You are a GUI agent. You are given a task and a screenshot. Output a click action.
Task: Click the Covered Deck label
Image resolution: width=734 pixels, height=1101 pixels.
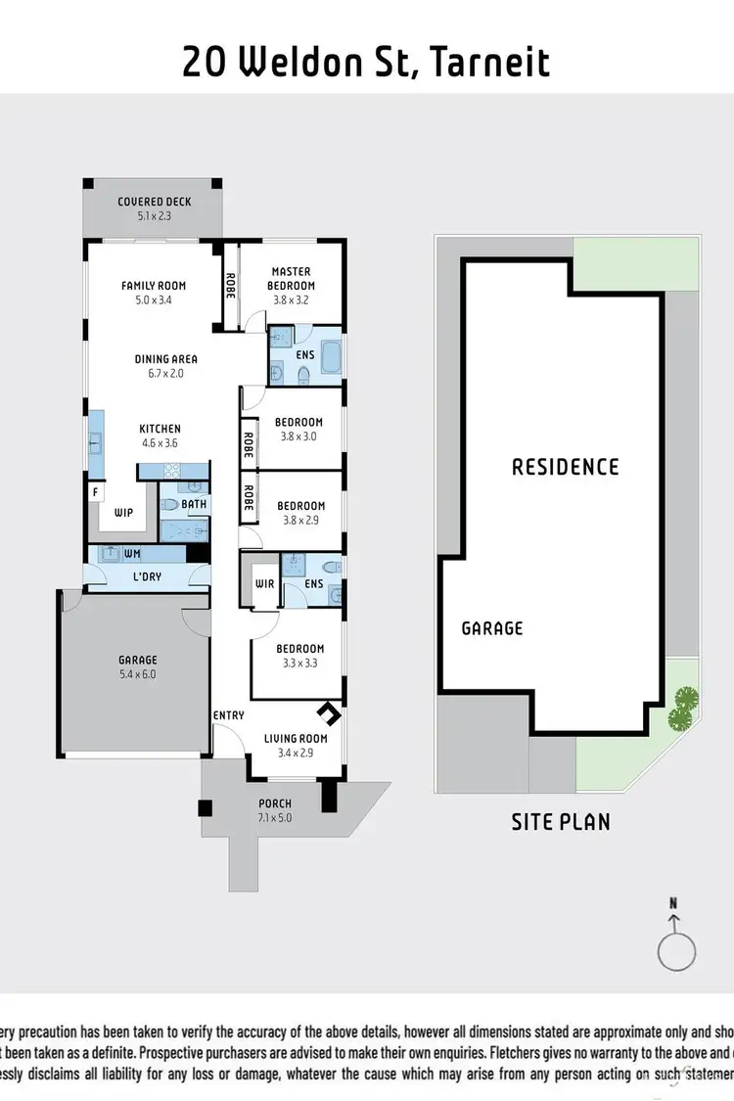[155, 202]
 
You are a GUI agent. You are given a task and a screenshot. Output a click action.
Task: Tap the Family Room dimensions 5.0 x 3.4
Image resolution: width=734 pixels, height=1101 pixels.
[154, 300]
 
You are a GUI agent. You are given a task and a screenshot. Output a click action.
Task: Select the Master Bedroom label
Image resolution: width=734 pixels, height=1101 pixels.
[292, 278]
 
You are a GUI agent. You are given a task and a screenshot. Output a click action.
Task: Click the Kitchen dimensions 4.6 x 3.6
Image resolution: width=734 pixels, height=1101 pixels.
[160, 442]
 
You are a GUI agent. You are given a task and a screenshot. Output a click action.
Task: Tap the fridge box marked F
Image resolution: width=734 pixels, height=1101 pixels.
[96, 493]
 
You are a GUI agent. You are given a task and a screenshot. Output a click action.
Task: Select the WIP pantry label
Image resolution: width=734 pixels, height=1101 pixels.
[123, 512]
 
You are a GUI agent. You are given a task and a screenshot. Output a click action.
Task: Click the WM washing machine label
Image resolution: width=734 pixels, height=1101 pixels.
[132, 554]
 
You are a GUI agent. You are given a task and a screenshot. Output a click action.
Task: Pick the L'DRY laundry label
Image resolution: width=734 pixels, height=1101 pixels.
[147, 576]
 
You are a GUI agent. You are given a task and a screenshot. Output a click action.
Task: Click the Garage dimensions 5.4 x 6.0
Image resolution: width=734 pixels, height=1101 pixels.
[138, 673]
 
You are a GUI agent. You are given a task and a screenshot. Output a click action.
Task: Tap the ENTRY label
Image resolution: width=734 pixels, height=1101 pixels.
[228, 715]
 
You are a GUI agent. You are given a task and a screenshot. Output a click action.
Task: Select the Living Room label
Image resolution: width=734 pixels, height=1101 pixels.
[296, 739]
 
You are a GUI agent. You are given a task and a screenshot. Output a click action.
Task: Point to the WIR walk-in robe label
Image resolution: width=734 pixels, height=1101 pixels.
[263, 584]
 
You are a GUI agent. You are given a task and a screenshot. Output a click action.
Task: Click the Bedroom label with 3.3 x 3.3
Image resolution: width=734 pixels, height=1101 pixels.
[299, 649]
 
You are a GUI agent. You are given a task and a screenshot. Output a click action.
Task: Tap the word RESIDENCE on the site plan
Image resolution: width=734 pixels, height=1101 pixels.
[566, 466]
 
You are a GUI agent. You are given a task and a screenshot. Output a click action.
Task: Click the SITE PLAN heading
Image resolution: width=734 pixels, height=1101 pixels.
[561, 821]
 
